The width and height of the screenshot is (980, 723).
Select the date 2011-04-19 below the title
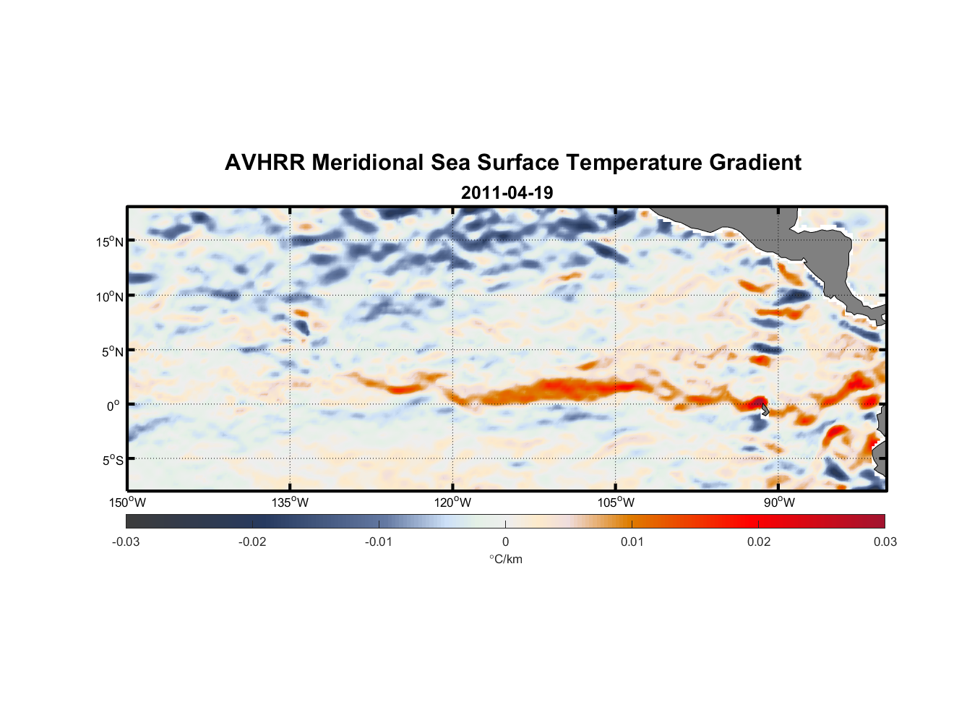(x=507, y=193)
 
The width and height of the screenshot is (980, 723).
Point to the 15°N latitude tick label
(x=110, y=241)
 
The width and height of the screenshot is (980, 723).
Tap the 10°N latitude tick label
(x=110, y=296)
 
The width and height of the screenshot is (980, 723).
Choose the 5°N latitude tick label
(x=112, y=351)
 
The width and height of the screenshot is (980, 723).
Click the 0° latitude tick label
(x=114, y=406)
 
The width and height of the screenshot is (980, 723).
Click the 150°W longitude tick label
(x=128, y=502)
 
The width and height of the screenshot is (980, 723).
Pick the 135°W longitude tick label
(x=291, y=502)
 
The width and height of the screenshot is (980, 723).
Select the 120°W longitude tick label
(x=453, y=502)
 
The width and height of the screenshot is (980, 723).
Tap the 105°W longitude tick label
(x=616, y=502)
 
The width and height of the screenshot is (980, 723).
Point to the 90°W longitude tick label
(x=779, y=502)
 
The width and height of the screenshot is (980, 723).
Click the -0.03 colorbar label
(x=126, y=542)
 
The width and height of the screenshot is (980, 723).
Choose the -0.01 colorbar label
(x=379, y=542)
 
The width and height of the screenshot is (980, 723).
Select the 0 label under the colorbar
(x=505, y=542)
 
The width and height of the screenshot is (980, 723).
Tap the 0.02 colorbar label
(x=759, y=542)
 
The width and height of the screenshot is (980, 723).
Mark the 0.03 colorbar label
(x=885, y=542)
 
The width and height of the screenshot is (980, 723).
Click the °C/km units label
(x=505, y=559)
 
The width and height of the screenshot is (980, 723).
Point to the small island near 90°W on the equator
(x=765, y=410)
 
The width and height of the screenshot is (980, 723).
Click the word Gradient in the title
(x=755, y=163)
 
